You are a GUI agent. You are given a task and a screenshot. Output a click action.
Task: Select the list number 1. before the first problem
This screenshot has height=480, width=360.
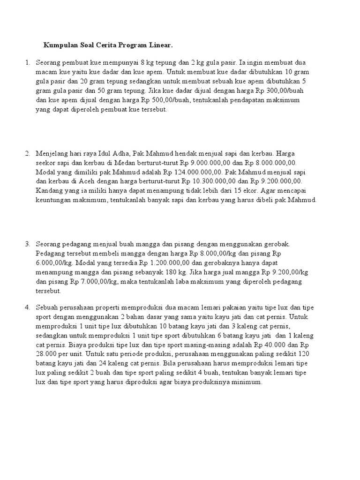(27, 62)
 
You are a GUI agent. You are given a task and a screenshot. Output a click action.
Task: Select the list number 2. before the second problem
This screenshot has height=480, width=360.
(27, 153)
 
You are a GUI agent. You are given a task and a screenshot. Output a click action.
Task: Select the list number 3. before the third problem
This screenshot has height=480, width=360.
(27, 244)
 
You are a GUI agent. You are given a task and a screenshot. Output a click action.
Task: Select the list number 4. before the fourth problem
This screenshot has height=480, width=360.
(27, 307)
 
